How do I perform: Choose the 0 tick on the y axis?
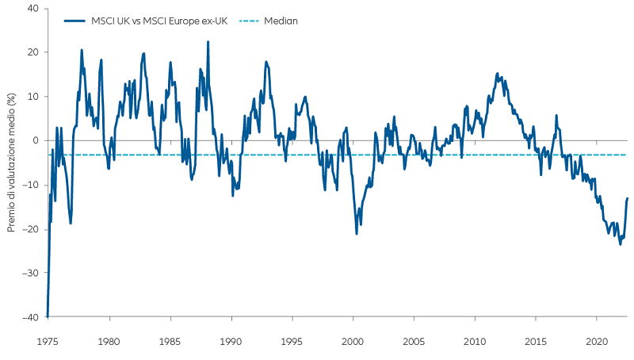[35, 140]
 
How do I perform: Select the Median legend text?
[281, 21]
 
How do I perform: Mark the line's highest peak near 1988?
[208, 41]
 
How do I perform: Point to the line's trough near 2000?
[357, 233]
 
